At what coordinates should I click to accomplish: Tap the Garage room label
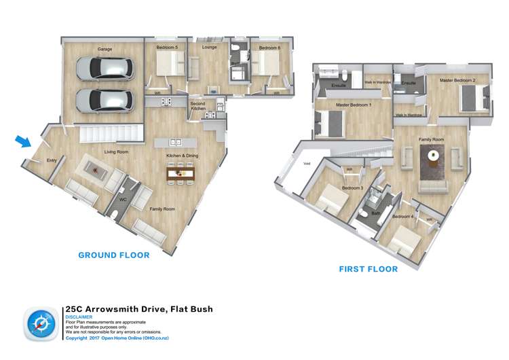coord(105,49)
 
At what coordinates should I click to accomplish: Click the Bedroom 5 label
coord(167,48)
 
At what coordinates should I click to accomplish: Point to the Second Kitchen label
coord(197,107)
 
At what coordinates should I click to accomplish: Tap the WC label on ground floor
coord(123,200)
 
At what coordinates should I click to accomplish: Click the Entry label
coord(52,160)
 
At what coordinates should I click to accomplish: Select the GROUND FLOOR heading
coord(114,255)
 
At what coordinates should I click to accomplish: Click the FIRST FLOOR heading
coord(368,269)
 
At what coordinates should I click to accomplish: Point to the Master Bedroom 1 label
coord(354,105)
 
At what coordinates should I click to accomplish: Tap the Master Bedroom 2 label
coord(457,80)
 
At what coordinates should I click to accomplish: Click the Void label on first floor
coord(307,163)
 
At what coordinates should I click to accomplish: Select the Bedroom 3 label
coord(352,187)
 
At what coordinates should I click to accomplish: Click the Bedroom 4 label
coord(402,217)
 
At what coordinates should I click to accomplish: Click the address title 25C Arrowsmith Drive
coord(139,309)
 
